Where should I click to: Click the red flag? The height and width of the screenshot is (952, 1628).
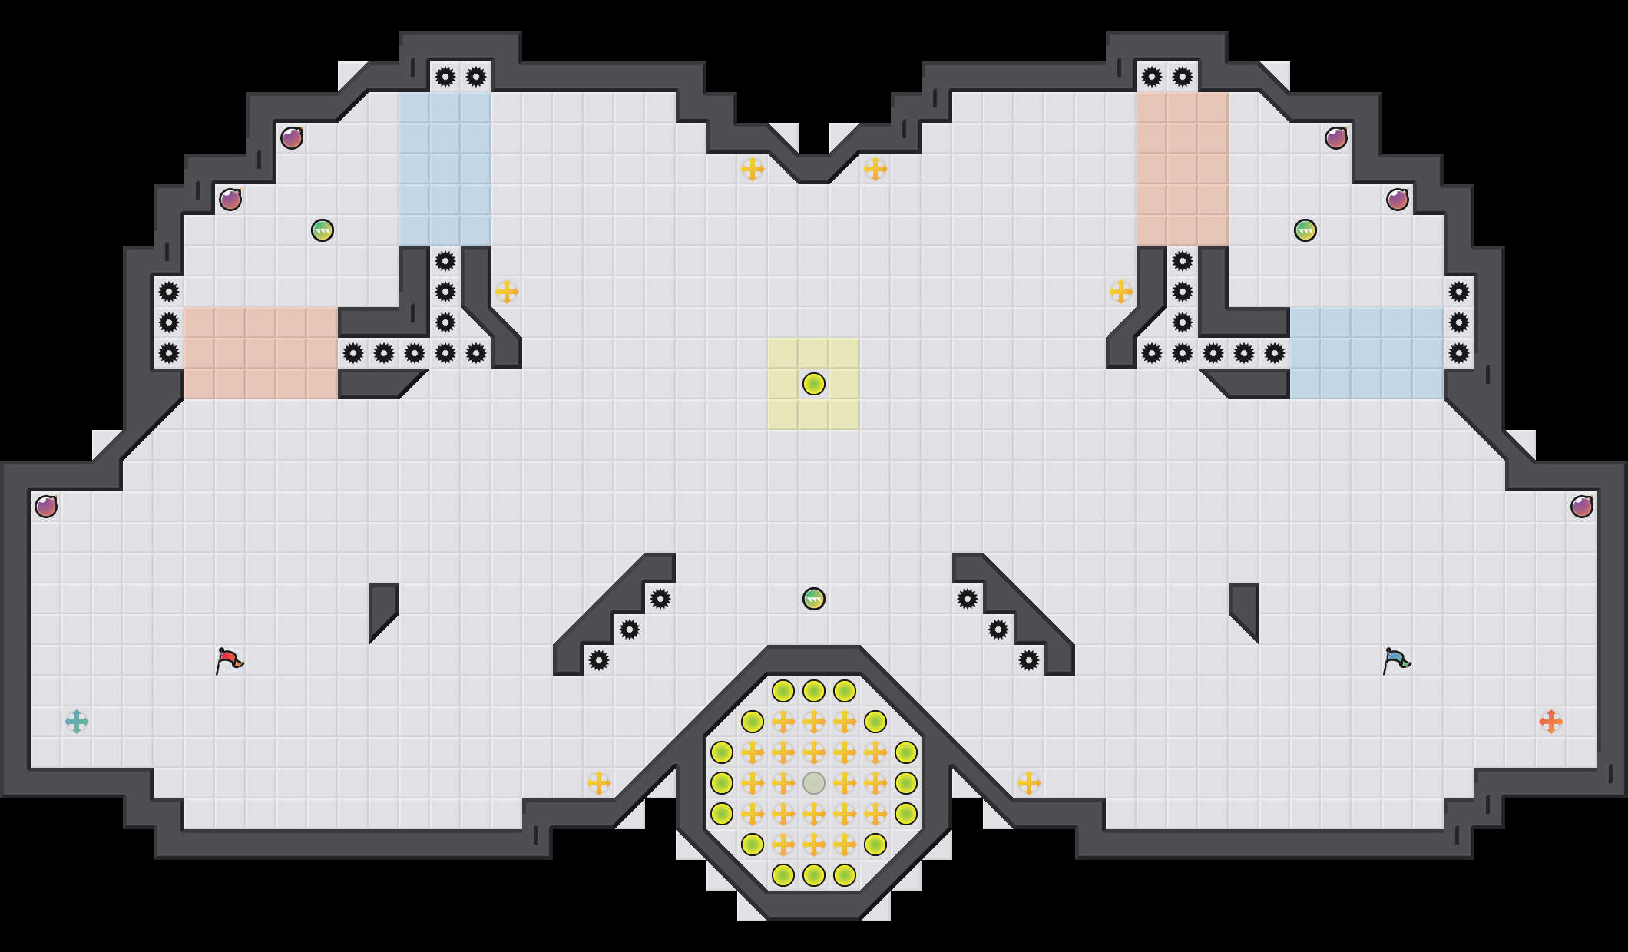[229, 660]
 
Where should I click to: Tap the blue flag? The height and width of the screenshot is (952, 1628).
[1396, 660]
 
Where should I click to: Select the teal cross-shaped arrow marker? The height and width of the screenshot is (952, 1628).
[77, 722]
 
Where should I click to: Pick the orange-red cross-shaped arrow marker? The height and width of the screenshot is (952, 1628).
[1551, 722]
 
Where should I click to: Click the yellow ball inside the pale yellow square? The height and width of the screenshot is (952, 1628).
[814, 384]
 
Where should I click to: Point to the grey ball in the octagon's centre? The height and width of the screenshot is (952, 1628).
[814, 783]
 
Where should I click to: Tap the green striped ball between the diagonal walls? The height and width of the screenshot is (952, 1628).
[814, 599]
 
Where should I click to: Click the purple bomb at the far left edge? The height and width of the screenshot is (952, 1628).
[46, 507]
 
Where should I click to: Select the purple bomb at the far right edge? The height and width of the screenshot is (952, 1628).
[1582, 507]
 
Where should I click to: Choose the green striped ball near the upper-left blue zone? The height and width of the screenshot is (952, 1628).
[323, 230]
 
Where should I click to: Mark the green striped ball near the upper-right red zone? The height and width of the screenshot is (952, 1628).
[1305, 230]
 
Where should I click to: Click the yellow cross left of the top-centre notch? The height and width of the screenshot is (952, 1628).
[753, 169]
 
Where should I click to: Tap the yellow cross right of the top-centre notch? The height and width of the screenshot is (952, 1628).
[875, 169]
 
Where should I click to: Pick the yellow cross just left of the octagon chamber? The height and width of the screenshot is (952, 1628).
[599, 783]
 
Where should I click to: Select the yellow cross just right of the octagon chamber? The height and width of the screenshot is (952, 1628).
[1029, 783]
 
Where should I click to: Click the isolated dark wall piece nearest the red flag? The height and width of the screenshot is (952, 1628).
[382, 607]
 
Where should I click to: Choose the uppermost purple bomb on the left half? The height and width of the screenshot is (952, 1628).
[292, 138]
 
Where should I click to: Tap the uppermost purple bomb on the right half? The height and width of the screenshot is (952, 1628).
[1336, 138]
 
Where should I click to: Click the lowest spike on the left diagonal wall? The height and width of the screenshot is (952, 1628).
[599, 660]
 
